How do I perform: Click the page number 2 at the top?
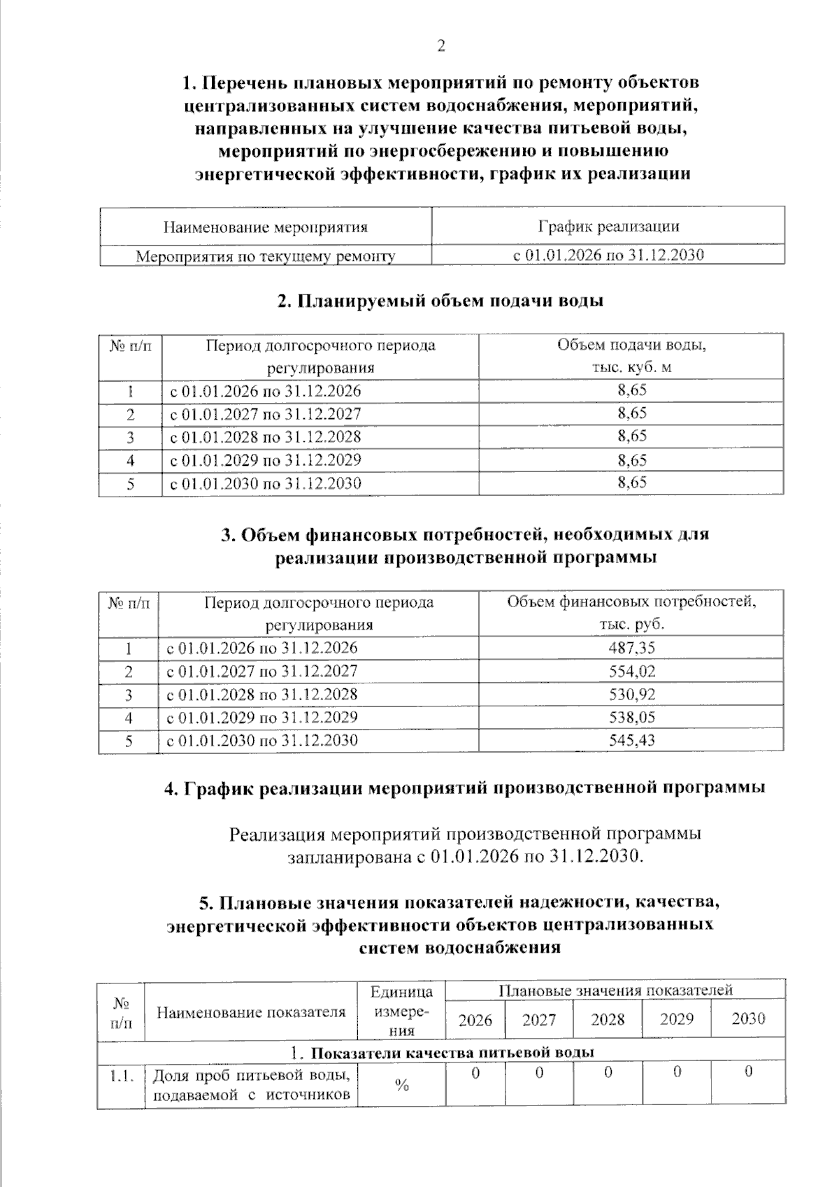click(x=440, y=46)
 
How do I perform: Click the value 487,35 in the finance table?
click(x=631, y=648)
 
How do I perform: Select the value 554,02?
click(x=631, y=671)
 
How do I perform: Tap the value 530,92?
click(x=631, y=695)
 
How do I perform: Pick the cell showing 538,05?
click(x=631, y=718)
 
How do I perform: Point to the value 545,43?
click(x=631, y=740)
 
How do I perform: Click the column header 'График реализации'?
click(x=608, y=226)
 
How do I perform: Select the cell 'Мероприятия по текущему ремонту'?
click(x=265, y=256)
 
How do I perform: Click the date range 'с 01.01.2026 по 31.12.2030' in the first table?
click(x=608, y=255)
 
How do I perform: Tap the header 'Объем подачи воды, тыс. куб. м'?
click(x=631, y=356)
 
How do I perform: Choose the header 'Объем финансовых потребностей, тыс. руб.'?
click(x=631, y=613)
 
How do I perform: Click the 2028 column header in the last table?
click(x=607, y=1019)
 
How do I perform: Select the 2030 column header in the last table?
click(x=748, y=1019)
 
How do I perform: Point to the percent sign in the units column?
click(x=401, y=1086)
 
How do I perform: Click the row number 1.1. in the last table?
click(x=121, y=1076)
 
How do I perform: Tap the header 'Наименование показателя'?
click(x=250, y=1012)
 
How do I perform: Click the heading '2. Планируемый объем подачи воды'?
click(x=440, y=301)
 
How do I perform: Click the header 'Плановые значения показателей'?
click(x=615, y=990)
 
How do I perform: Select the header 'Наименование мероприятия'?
click(x=265, y=227)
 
